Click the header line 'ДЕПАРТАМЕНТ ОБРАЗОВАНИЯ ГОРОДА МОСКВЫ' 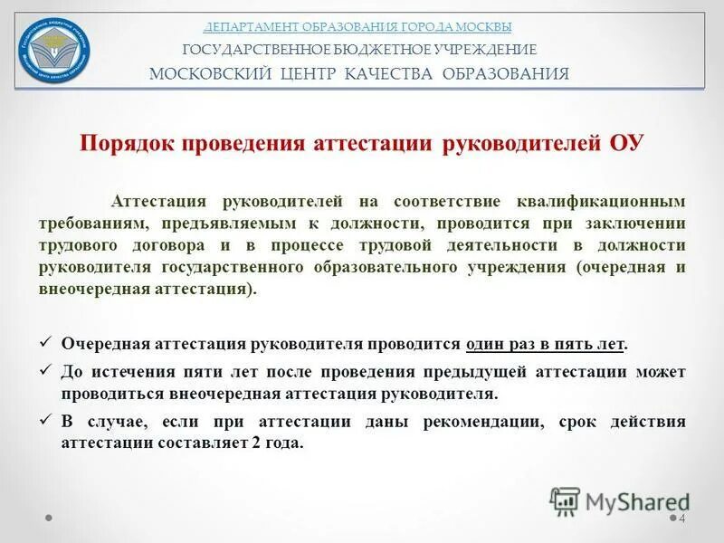click(x=357, y=26)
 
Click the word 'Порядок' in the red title click(x=128, y=144)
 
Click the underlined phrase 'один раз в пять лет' click(x=546, y=345)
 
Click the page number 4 click(x=682, y=518)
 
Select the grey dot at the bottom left click(x=49, y=519)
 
